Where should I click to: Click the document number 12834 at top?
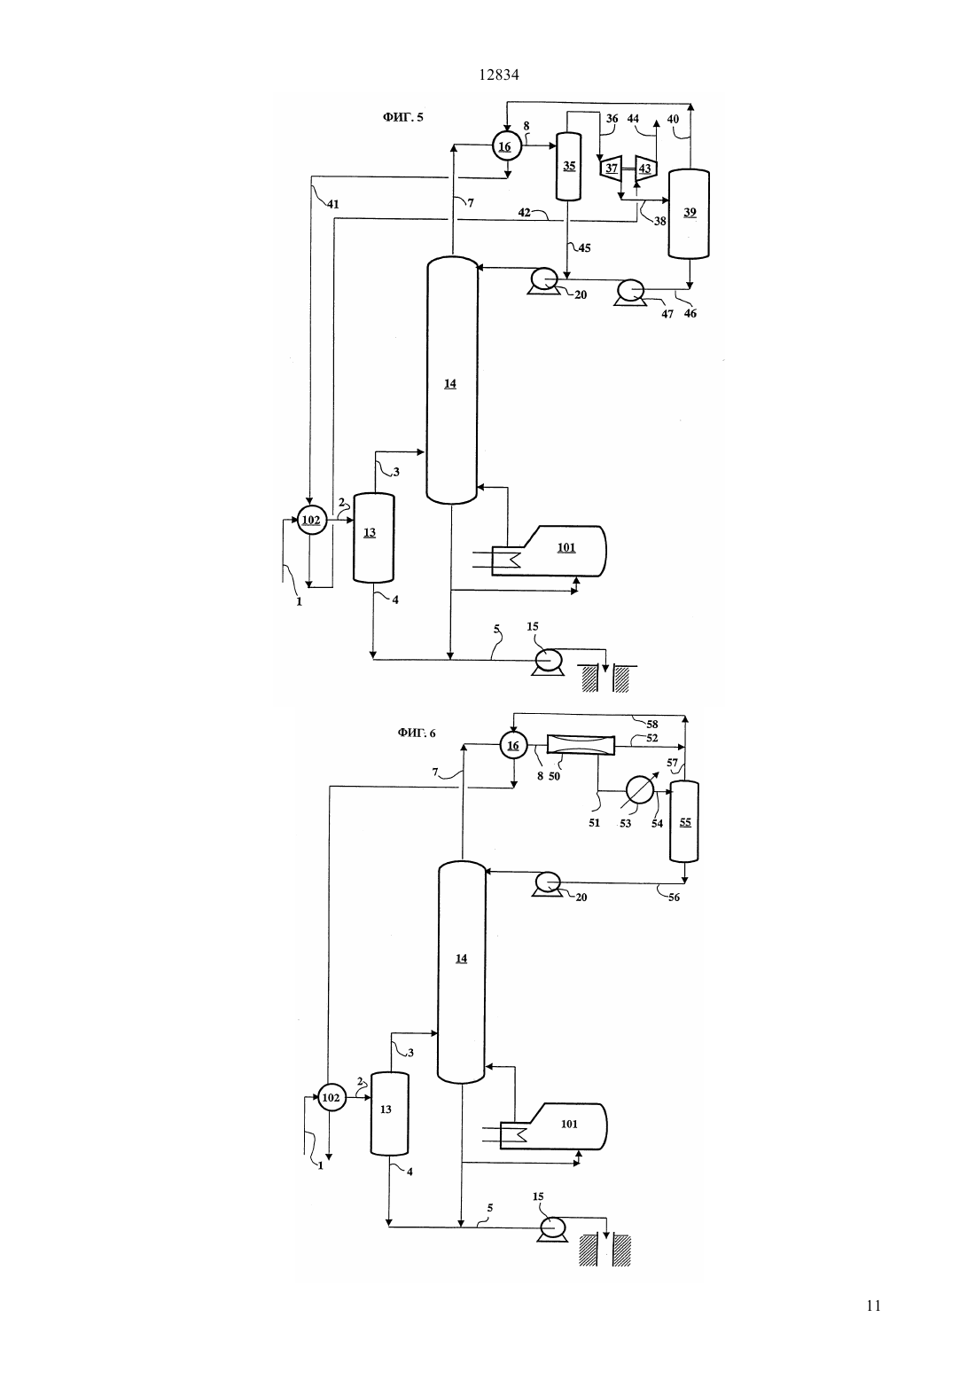tap(498, 75)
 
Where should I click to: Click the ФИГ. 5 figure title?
tap(403, 117)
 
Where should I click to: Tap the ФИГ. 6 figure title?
tap(417, 733)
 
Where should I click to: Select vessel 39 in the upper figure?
tap(689, 213)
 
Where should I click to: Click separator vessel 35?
tap(568, 167)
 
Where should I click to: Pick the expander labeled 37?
tap(611, 168)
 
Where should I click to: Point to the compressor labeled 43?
tap(643, 168)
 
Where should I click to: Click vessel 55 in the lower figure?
tap(684, 822)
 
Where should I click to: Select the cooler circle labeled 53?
tap(639, 790)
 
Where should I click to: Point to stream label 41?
tap(333, 204)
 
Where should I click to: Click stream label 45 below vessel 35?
tap(584, 247)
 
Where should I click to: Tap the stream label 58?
tap(651, 724)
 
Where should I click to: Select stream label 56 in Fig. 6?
tap(674, 898)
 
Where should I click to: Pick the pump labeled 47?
tap(630, 292)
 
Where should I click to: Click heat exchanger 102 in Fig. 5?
tap(311, 520)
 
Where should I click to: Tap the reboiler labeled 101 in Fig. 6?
tap(554, 1126)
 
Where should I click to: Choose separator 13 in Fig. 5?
tap(373, 537)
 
